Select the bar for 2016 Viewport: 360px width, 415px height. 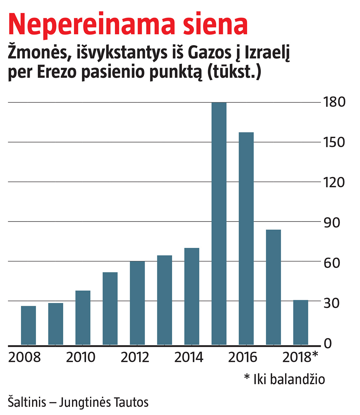pyautogui.click(x=246, y=238)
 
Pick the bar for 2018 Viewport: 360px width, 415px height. pyautogui.click(x=300, y=322)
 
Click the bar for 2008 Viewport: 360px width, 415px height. pyautogui.click(x=28, y=325)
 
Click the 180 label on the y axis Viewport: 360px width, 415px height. pyautogui.click(x=334, y=102)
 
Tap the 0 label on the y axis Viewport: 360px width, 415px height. pyautogui.click(x=328, y=343)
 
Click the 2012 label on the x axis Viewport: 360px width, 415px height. pyautogui.click(x=135, y=357)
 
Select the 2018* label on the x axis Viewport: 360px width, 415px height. pyautogui.click(x=300, y=357)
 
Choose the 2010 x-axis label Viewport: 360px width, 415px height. pyautogui.click(x=81, y=357)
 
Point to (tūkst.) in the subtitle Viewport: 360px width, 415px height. pyautogui.click(x=234, y=72)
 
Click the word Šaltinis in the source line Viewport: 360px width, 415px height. pyautogui.click(x=27, y=402)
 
